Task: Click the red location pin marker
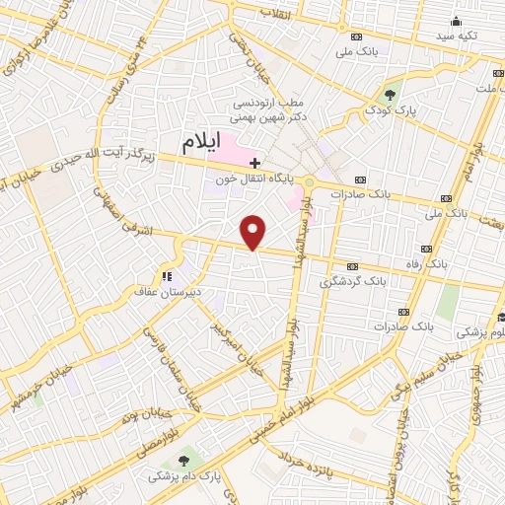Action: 254,233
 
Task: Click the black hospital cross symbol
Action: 254,162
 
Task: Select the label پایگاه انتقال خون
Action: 244,179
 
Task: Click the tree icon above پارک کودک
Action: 391,96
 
